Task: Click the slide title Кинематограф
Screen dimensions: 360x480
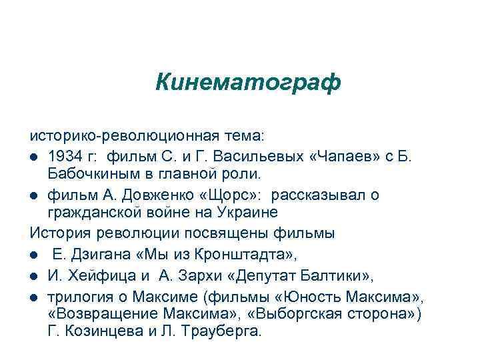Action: [248, 83]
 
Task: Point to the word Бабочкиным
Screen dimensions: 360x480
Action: [91, 175]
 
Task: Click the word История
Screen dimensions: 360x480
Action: [58, 233]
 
